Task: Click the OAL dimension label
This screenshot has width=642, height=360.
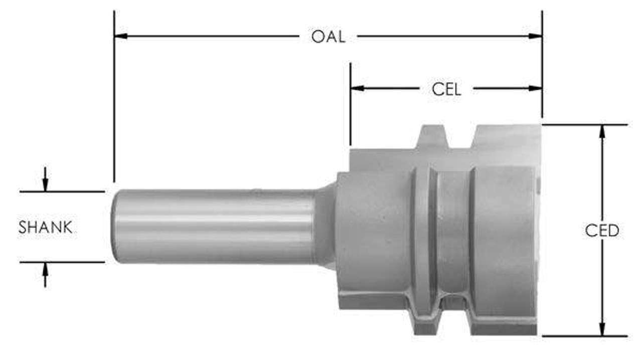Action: [x=328, y=37]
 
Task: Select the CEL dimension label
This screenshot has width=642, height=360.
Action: [x=446, y=89]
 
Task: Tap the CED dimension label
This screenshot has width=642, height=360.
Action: [x=602, y=231]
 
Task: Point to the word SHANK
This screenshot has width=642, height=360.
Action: [x=45, y=227]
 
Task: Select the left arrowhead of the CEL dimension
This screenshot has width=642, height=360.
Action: [x=357, y=88]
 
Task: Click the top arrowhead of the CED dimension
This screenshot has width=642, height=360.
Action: [x=602, y=131]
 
